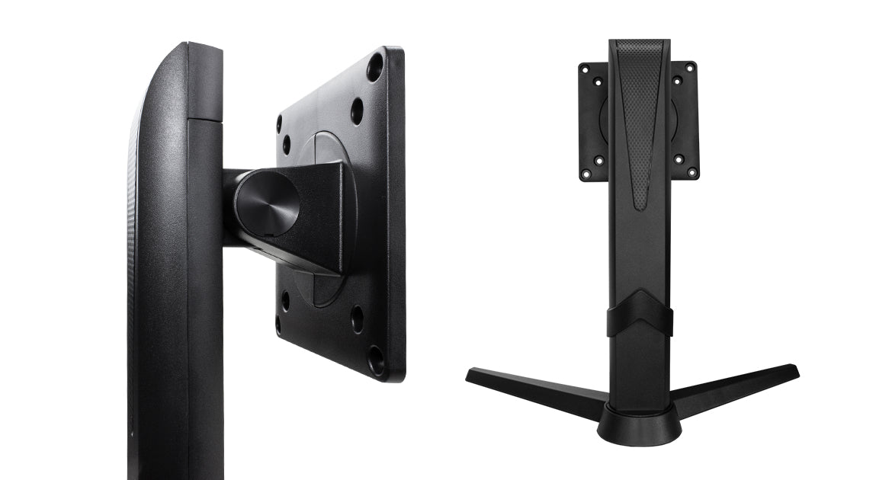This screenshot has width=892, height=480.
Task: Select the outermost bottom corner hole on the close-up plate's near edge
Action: click(376, 359)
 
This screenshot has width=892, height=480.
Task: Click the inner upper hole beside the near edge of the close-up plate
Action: click(357, 111)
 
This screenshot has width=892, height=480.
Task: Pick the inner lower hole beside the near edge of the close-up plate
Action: click(357, 318)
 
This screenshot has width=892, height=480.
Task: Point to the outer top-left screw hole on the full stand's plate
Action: click(585, 69)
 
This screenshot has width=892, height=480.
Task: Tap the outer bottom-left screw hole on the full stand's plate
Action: click(585, 174)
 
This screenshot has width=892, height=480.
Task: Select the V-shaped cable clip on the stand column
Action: click(640, 312)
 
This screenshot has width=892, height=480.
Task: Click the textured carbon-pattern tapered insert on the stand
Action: click(640, 107)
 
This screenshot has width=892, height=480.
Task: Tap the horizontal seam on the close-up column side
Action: click(204, 120)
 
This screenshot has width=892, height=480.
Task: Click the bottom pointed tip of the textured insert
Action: click(640, 206)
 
